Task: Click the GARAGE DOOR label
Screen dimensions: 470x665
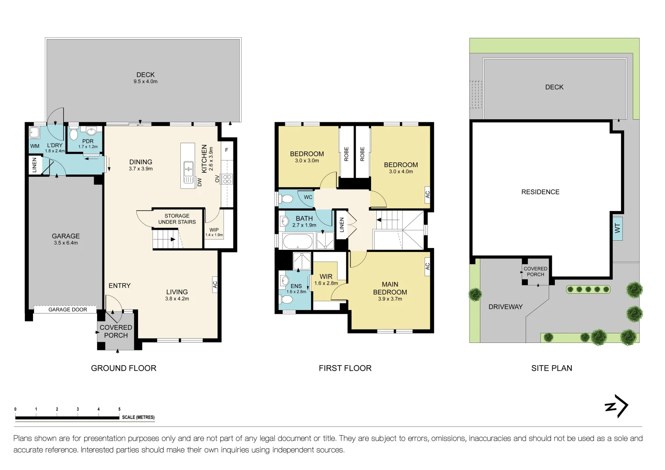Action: pyautogui.click(x=68, y=309)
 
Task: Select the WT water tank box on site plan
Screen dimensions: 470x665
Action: pyautogui.click(x=617, y=228)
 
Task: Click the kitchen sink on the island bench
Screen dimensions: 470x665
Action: pyautogui.click(x=189, y=171)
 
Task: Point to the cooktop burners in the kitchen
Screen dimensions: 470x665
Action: pyautogui.click(x=227, y=178)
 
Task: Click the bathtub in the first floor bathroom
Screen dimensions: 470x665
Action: pyautogui.click(x=297, y=241)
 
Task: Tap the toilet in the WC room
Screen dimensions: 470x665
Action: pyautogui.click(x=287, y=199)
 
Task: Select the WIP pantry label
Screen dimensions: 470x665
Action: pyautogui.click(x=214, y=230)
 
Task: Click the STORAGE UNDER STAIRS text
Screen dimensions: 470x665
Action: pyautogui.click(x=177, y=219)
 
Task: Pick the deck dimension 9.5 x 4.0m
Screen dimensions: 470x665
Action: pyautogui.click(x=145, y=82)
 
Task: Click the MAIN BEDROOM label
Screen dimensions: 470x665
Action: pyautogui.click(x=390, y=288)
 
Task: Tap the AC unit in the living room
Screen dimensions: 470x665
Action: pyautogui.click(x=215, y=284)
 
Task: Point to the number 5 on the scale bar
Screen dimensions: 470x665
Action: pyautogui.click(x=119, y=409)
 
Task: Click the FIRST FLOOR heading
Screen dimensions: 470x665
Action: pyautogui.click(x=345, y=368)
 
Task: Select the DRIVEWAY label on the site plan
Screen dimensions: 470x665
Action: pyautogui.click(x=505, y=307)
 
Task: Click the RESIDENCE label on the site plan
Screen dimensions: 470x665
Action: pyautogui.click(x=540, y=192)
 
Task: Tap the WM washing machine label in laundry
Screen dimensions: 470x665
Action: pyautogui.click(x=35, y=146)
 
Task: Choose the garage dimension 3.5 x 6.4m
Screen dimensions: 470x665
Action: pyautogui.click(x=66, y=243)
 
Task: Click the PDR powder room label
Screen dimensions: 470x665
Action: pyautogui.click(x=88, y=141)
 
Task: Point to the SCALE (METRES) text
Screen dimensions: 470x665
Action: pyautogui.click(x=138, y=417)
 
